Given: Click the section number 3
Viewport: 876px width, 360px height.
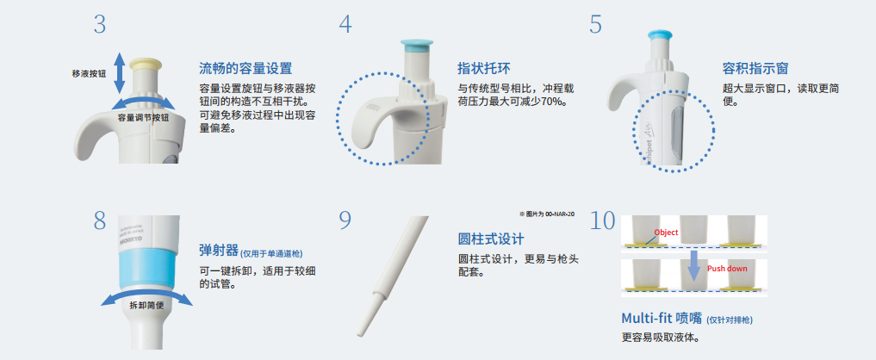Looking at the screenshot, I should [x=100, y=24].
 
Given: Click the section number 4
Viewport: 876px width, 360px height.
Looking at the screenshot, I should [x=345, y=24].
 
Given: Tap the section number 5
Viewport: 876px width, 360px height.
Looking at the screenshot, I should [x=595, y=24].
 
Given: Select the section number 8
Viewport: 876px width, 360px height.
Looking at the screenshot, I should [x=100, y=221].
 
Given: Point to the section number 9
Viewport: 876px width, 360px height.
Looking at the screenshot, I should [x=345, y=221].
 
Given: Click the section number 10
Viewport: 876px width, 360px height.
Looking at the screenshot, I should [x=603, y=221].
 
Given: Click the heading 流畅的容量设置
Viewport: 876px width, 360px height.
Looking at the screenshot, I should [x=245, y=68].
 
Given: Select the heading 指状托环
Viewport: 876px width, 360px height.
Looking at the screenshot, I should [x=485, y=68].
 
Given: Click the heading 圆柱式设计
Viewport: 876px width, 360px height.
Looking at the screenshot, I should [x=490, y=239].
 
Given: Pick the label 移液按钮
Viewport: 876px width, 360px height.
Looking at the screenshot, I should [x=89, y=74].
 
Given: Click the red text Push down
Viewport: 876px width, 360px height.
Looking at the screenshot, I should [x=727, y=269].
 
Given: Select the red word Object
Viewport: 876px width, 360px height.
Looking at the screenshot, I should [x=666, y=233].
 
